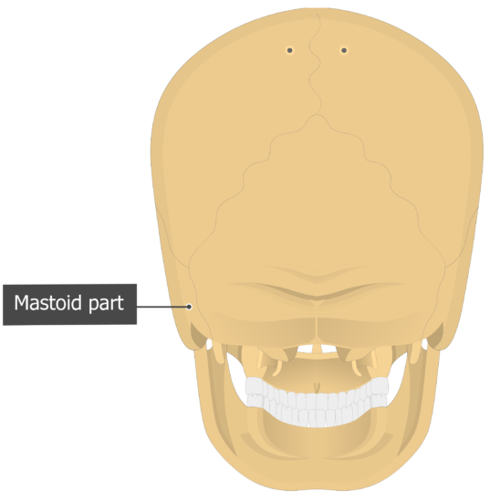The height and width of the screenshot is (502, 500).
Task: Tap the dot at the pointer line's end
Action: point(189,307)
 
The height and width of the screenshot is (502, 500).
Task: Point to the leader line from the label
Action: point(161,307)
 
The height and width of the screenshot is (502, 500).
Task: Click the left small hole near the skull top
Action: point(290,50)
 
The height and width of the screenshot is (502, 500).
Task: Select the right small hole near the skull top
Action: point(344,50)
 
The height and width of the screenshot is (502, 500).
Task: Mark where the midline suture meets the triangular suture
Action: point(317,115)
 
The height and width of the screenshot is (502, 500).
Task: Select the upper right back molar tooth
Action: point(380,386)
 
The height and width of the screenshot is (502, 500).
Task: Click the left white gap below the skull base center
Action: point(305,349)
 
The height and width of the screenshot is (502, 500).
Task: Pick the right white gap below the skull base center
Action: point(328,349)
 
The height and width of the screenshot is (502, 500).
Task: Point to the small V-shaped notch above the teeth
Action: point(317,387)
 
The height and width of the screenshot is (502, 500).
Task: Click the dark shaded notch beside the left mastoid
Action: point(199,336)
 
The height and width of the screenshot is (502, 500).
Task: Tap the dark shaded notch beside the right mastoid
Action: point(435,336)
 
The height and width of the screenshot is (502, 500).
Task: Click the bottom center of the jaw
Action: point(317,489)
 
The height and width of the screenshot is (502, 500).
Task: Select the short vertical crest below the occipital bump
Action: point(317,329)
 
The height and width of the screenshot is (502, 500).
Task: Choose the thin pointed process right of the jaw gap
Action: point(356,369)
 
